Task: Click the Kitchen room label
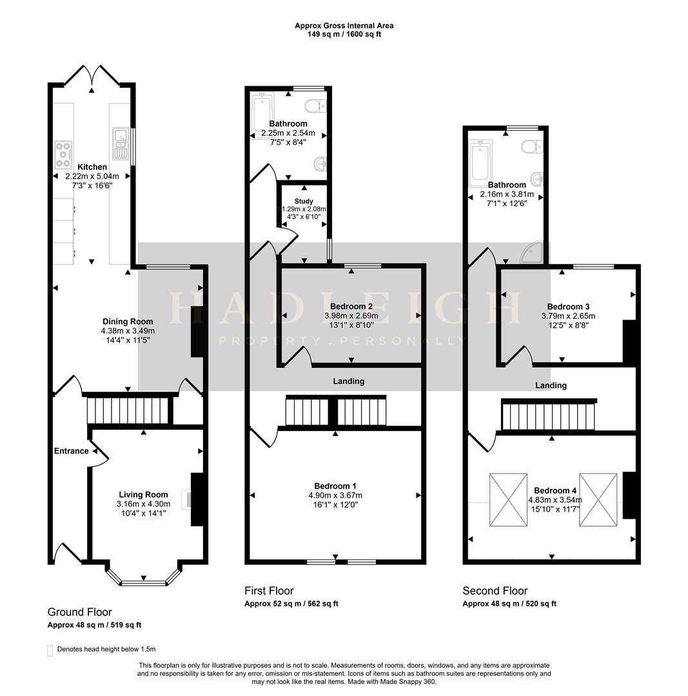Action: point(92,167)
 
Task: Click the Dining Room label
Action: point(128,322)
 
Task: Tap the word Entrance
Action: point(71,451)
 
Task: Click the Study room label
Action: point(303,202)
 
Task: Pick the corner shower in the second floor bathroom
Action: point(535,253)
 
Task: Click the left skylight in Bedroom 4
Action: point(508,500)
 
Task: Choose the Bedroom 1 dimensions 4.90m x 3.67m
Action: point(335,496)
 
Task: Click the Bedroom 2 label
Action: point(351,306)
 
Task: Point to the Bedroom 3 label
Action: point(568,307)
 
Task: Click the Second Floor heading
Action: point(495,591)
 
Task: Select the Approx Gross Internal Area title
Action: point(344,26)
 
